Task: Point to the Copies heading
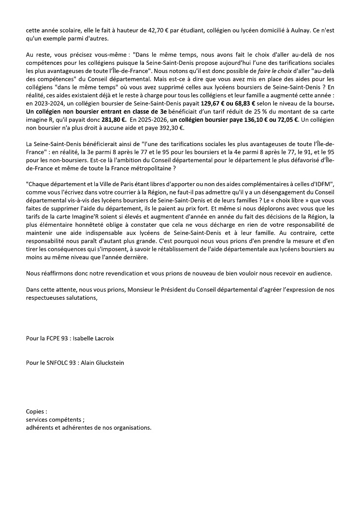pos(37,412)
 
